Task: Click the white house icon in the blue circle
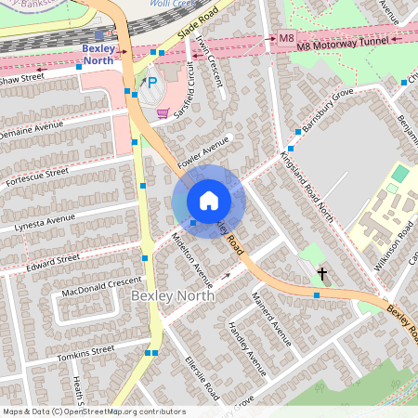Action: pyautogui.click(x=209, y=200)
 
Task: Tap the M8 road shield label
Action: pyautogui.click(x=286, y=38)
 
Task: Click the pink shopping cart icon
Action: pyautogui.click(x=163, y=113)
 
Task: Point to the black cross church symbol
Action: pyautogui.click(x=323, y=275)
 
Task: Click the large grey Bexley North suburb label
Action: pyautogui.click(x=172, y=294)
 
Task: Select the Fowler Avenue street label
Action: pyautogui.click(x=204, y=149)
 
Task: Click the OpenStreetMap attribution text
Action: pyautogui.click(x=93, y=411)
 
